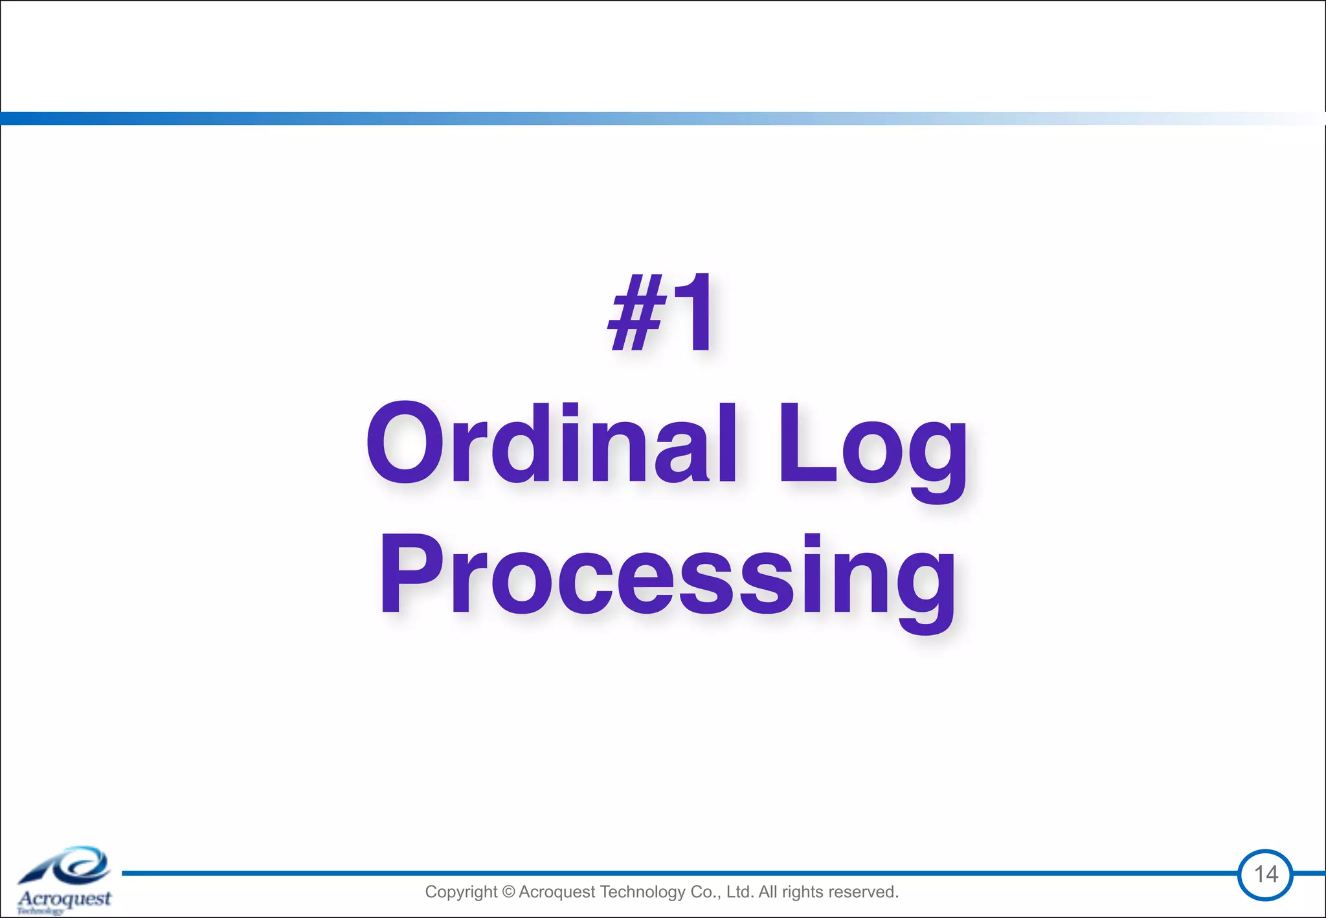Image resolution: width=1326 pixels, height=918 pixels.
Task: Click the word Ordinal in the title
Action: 550,443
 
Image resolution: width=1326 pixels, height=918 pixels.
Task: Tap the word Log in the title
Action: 871,447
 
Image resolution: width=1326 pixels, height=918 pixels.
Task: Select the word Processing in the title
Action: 667,576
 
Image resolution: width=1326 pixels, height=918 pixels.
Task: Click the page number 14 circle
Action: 1265,874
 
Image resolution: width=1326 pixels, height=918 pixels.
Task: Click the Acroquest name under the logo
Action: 65,899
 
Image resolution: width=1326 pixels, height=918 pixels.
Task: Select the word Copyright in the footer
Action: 461,892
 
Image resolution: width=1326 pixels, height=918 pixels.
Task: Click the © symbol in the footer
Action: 508,892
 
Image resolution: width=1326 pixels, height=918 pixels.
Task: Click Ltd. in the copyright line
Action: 740,892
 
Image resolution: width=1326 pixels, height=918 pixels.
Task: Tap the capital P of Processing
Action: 411,575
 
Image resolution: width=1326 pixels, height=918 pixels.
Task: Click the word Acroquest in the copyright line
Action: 557,892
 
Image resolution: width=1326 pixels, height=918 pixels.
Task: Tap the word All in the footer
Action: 768,892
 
